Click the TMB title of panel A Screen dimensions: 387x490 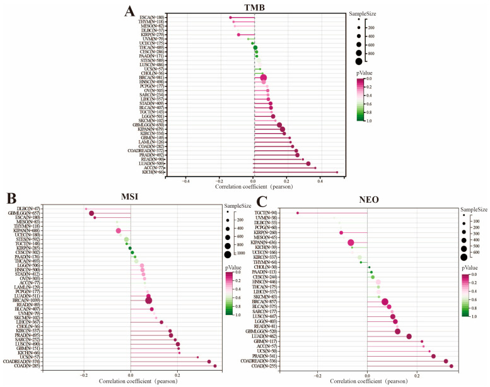point(255,8)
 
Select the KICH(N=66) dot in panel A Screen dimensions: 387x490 point(337,172)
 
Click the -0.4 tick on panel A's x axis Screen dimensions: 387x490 point(186,180)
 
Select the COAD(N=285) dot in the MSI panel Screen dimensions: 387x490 point(215,366)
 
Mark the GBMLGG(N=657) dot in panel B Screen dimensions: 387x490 point(91,213)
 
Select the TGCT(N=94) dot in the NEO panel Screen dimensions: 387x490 point(298,213)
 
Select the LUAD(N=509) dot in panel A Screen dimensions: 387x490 point(308,164)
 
